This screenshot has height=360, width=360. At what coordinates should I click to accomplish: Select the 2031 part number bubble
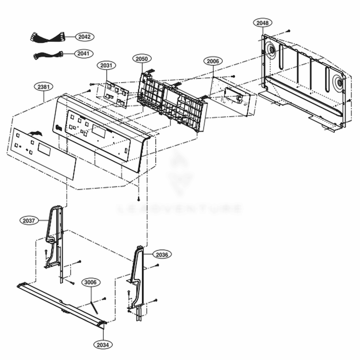point(106,66)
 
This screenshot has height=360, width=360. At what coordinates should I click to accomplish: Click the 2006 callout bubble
point(212,61)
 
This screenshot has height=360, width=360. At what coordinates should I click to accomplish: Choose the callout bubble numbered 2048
point(262,23)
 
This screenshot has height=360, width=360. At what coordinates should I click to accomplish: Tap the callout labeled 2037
point(29,220)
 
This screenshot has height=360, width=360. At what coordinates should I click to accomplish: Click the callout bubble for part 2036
point(162,255)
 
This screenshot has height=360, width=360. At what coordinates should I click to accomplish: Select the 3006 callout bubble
point(90,283)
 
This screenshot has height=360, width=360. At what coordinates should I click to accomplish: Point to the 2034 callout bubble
point(103,345)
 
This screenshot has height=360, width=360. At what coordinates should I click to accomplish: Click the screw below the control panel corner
point(138,198)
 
